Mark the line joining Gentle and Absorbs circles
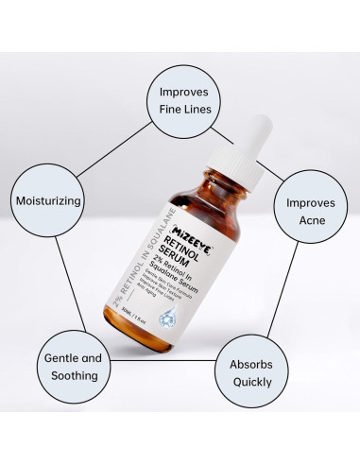click(x=170, y=364)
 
